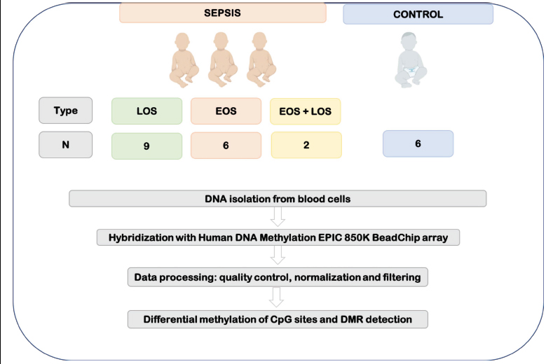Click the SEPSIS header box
(x=222, y=13)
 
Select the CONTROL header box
(x=418, y=14)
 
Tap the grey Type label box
(x=65, y=111)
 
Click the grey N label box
(x=65, y=145)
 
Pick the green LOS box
(x=146, y=111)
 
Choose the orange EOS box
(x=226, y=111)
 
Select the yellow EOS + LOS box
(x=306, y=111)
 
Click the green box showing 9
(x=146, y=146)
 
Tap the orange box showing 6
(x=226, y=146)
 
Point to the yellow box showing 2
(x=306, y=145)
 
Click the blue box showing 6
(x=418, y=143)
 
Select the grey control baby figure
(x=411, y=59)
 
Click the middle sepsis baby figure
(x=222, y=59)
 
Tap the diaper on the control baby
(x=411, y=71)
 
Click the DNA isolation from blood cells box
(x=278, y=199)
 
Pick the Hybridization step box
(x=278, y=237)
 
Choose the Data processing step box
(x=278, y=277)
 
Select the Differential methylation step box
(x=278, y=319)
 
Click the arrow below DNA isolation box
(x=278, y=217)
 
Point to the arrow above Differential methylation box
(x=276, y=297)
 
